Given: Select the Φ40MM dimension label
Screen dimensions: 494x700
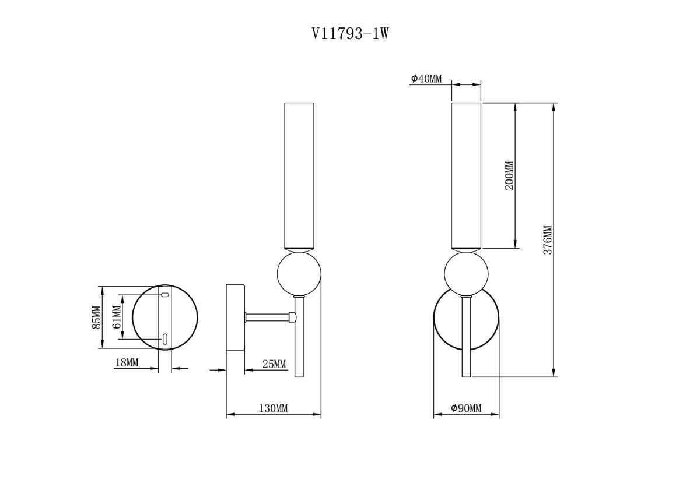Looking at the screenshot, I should click(426, 79).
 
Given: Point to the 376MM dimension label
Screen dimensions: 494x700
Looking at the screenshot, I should click(547, 240).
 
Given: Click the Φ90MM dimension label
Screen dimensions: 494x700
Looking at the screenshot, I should click(466, 408).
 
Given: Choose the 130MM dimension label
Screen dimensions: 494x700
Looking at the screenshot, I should click(273, 408).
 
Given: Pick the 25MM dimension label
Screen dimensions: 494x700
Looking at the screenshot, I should click(274, 364).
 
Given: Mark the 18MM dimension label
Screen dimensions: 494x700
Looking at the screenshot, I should click(127, 362).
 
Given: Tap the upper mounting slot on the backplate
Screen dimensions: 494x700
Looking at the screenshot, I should click(165, 295).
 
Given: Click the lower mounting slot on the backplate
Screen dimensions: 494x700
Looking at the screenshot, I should click(165, 338).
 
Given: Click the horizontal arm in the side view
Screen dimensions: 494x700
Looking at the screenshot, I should click(267, 317).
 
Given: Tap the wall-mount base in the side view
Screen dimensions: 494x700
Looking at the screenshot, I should click(236, 317).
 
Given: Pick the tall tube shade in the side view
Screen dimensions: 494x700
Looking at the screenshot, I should click(299, 175).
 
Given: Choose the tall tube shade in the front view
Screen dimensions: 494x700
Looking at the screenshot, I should click(466, 175).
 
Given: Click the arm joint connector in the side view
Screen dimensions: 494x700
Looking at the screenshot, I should click(292, 317).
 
